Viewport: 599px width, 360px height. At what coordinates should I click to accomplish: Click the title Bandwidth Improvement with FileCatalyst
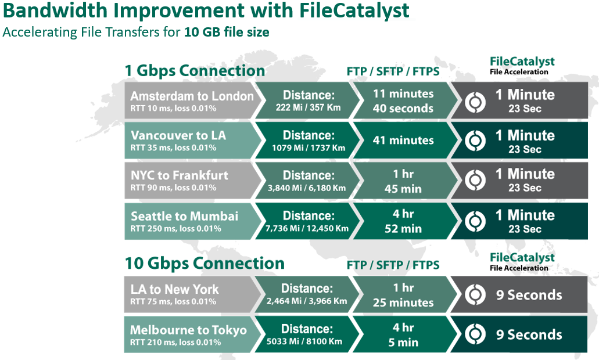[206, 10]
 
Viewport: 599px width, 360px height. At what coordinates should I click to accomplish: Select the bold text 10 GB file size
[227, 32]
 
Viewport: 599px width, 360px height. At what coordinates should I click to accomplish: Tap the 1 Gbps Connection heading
[195, 71]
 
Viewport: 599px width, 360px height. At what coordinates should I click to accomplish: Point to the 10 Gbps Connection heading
[205, 264]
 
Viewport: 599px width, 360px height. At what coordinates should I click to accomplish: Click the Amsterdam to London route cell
[192, 100]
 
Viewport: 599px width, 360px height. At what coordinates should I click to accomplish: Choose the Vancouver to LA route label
[178, 135]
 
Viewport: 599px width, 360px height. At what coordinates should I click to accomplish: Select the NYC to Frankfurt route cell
[192, 181]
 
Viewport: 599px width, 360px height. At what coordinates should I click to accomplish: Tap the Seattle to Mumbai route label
[185, 217]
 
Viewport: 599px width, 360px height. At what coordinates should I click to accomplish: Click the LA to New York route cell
[192, 294]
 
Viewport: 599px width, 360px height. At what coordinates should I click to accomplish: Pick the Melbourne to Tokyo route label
[188, 330]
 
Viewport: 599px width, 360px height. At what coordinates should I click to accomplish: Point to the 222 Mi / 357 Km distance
[309, 107]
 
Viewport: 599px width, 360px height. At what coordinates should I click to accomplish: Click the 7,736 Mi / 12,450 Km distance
[307, 229]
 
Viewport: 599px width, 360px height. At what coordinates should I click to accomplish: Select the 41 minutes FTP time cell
[403, 141]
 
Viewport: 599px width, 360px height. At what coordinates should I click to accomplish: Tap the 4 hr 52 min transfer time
[403, 221]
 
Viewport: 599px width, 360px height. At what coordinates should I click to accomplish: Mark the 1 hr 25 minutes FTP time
[403, 295]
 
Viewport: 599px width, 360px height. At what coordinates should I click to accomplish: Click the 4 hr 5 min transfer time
[403, 335]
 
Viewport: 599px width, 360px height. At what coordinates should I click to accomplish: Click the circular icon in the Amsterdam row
[475, 102]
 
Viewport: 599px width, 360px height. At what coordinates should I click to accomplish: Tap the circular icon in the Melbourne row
[475, 334]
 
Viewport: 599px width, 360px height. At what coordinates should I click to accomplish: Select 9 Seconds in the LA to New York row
[529, 295]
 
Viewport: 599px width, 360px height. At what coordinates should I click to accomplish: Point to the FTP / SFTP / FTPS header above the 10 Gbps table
[393, 265]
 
